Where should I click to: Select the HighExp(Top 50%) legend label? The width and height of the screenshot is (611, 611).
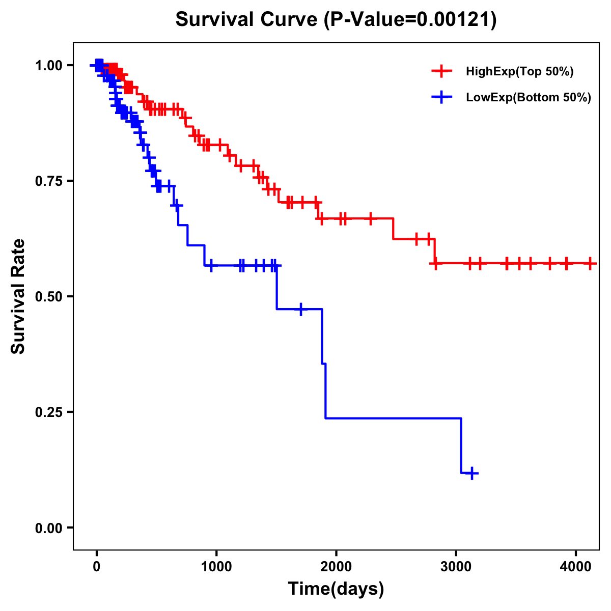click(x=519, y=72)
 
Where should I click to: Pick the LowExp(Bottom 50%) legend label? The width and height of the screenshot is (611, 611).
click(x=529, y=98)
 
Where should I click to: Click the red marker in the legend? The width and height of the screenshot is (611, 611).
click(x=441, y=71)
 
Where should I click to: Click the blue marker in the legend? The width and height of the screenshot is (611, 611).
click(x=441, y=97)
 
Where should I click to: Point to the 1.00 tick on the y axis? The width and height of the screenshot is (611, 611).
click(x=49, y=65)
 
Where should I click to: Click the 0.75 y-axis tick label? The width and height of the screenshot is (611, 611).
click(x=49, y=181)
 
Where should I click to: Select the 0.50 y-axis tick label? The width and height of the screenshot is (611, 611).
click(x=49, y=296)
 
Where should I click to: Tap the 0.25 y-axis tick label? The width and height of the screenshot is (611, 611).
click(x=49, y=412)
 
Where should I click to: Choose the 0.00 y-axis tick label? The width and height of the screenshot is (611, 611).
click(x=49, y=527)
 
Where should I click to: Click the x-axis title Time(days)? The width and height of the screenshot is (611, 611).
click(x=336, y=589)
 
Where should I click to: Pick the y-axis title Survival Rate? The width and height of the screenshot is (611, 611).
click(x=19, y=296)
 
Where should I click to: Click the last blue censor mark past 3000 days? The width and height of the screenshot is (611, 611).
click(x=472, y=474)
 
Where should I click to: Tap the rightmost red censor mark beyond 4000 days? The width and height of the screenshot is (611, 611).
click(x=590, y=263)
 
